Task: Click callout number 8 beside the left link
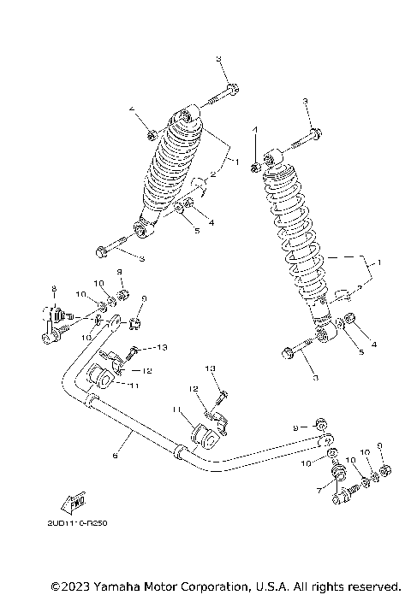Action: [x=53, y=288]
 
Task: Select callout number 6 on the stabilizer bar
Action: [x=115, y=457]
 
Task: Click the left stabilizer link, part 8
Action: [x=52, y=324]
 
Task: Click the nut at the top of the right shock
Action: [x=255, y=163]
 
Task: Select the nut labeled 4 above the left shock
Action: [x=151, y=133]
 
